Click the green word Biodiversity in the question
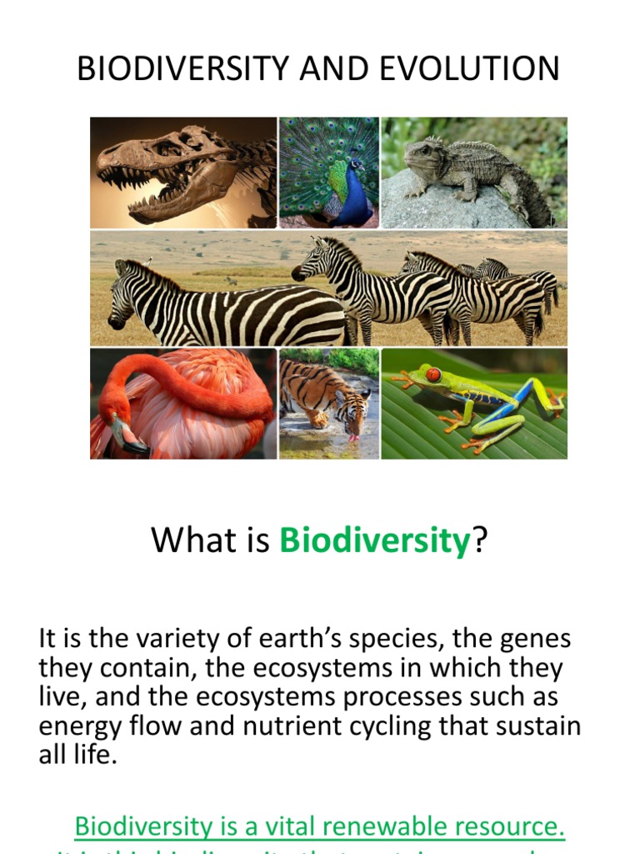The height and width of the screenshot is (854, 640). (x=375, y=540)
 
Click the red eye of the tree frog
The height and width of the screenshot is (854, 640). (x=433, y=374)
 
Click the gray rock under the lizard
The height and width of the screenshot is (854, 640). (x=442, y=208)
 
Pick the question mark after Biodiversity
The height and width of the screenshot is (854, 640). (x=480, y=540)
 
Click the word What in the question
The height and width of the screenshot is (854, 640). (x=184, y=540)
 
